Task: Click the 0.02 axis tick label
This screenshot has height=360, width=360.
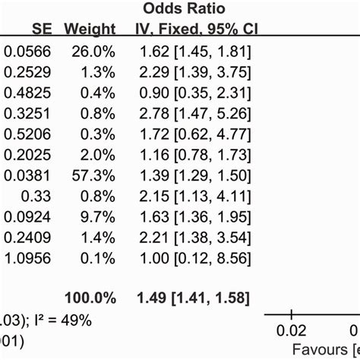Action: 291,331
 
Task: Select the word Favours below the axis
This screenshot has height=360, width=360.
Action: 312,350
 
